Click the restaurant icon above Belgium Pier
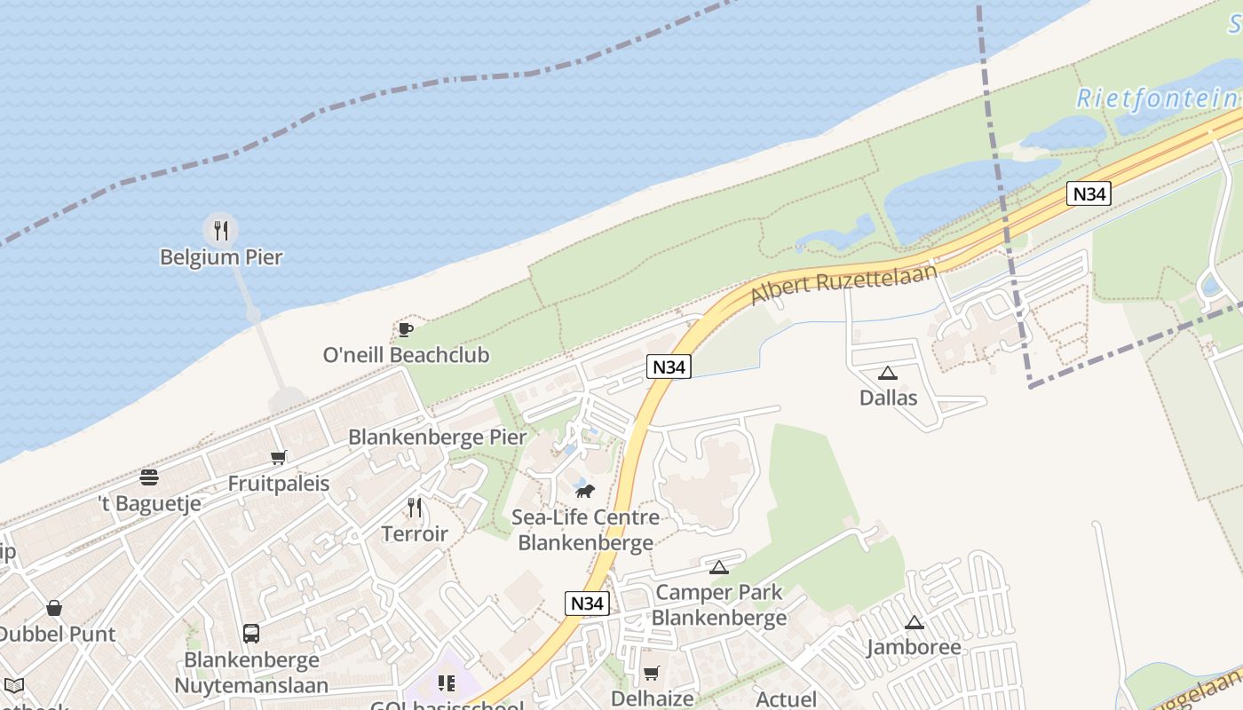[220, 231]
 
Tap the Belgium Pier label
[221, 257]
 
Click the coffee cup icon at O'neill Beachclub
[406, 330]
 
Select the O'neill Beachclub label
[406, 355]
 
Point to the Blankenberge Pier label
[437, 437]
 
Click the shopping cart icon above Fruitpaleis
[279, 458]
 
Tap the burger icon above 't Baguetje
[149, 477]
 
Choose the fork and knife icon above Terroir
[415, 508]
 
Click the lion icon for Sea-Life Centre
[584, 491]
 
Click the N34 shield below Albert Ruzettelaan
[669, 367]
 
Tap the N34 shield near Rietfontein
[1089, 193]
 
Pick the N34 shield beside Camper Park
[587, 603]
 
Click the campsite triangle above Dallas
[887, 374]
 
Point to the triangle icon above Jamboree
[914, 623]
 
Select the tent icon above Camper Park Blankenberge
[719, 567]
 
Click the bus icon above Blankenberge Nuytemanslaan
[251, 634]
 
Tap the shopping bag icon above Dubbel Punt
[54, 609]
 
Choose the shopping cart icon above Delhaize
[651, 674]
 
